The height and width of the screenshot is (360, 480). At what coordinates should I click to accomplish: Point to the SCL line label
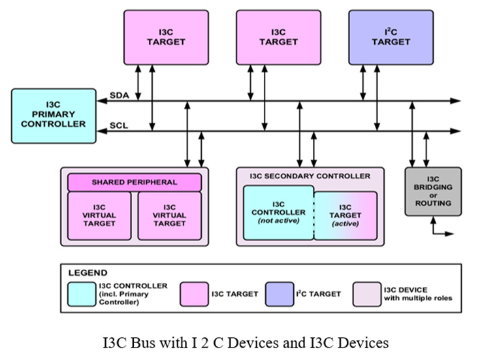pyautogui.click(x=118, y=125)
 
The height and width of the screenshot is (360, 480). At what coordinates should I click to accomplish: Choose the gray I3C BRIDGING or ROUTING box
pyautogui.click(x=432, y=191)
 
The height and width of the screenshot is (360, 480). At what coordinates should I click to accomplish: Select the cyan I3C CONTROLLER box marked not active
pyautogui.click(x=279, y=213)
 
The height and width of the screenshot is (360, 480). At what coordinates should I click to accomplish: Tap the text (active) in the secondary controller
pyautogui.click(x=345, y=223)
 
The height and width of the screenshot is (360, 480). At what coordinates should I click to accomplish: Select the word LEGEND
pyautogui.click(x=88, y=272)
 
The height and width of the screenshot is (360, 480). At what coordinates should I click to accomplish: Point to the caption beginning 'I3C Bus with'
pyautogui.click(x=240, y=342)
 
